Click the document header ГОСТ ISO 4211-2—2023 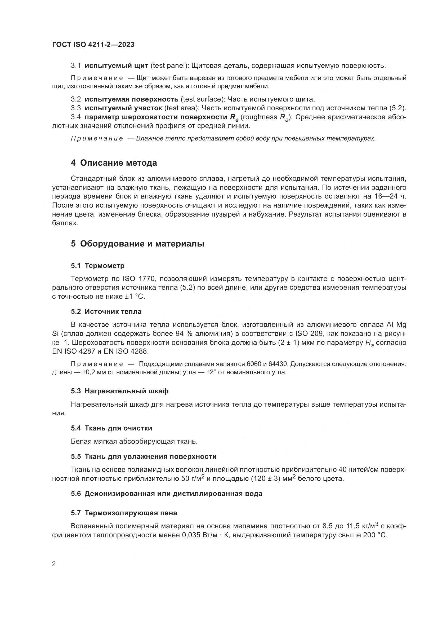click(93, 45)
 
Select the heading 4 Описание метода click(114, 163)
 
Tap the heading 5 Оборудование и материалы click(137, 244)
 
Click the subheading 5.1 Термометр click(98, 266)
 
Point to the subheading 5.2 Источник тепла click(106, 312)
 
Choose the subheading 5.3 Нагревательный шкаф click(120, 391)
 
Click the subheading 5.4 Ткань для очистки click(112, 428)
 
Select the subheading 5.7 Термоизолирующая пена click(124, 513)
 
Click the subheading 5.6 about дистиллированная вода click(167, 494)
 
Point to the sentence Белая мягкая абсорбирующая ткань click(134, 442)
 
